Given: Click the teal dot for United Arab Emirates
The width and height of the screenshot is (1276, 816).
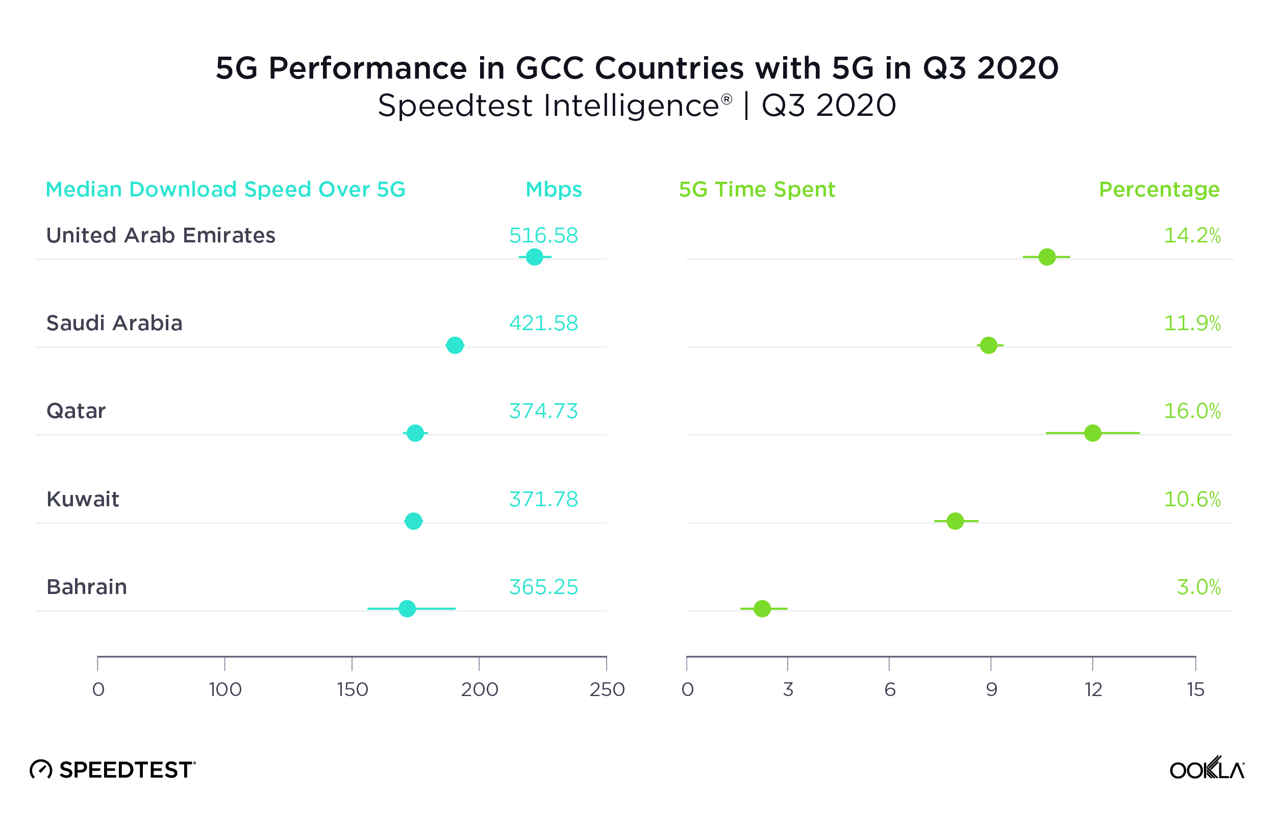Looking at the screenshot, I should pyautogui.click(x=534, y=257).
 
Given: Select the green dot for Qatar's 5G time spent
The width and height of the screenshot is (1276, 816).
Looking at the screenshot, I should pyautogui.click(x=1093, y=433).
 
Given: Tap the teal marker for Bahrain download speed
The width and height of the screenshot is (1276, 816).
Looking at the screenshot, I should pyautogui.click(x=407, y=609).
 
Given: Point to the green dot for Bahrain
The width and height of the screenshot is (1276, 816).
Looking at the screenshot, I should pyautogui.click(x=762, y=609).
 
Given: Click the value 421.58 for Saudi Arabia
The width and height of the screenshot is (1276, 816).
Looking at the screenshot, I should pyautogui.click(x=543, y=323).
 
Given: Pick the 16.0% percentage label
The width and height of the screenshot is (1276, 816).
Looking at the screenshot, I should pyautogui.click(x=1192, y=411).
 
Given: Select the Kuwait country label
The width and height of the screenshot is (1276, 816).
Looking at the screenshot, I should pyautogui.click(x=83, y=499).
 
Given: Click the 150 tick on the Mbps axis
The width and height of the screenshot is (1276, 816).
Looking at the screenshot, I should pyautogui.click(x=353, y=689).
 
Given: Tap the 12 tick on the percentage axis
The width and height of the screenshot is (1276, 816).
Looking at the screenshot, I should pyautogui.click(x=1093, y=689).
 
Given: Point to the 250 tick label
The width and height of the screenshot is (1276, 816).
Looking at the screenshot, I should pyautogui.click(x=607, y=689).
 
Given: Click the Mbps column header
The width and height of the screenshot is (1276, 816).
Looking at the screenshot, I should pyautogui.click(x=553, y=189).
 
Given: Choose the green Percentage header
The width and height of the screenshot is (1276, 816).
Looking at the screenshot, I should pyautogui.click(x=1159, y=189).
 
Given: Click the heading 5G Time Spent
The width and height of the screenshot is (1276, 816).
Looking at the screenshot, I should pyautogui.click(x=757, y=189).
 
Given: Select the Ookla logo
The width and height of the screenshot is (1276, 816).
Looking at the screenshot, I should pyautogui.click(x=1207, y=769).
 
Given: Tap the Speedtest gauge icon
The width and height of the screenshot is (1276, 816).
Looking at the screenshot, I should pyautogui.click(x=41, y=770).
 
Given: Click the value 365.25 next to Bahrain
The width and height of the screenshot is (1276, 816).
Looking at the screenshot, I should pyautogui.click(x=543, y=587).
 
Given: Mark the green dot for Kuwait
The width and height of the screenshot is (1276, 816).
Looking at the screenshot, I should pyautogui.click(x=955, y=521).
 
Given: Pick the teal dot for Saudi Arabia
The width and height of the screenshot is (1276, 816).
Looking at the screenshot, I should pyautogui.click(x=455, y=345).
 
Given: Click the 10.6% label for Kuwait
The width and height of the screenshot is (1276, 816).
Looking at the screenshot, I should pyautogui.click(x=1192, y=499).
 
